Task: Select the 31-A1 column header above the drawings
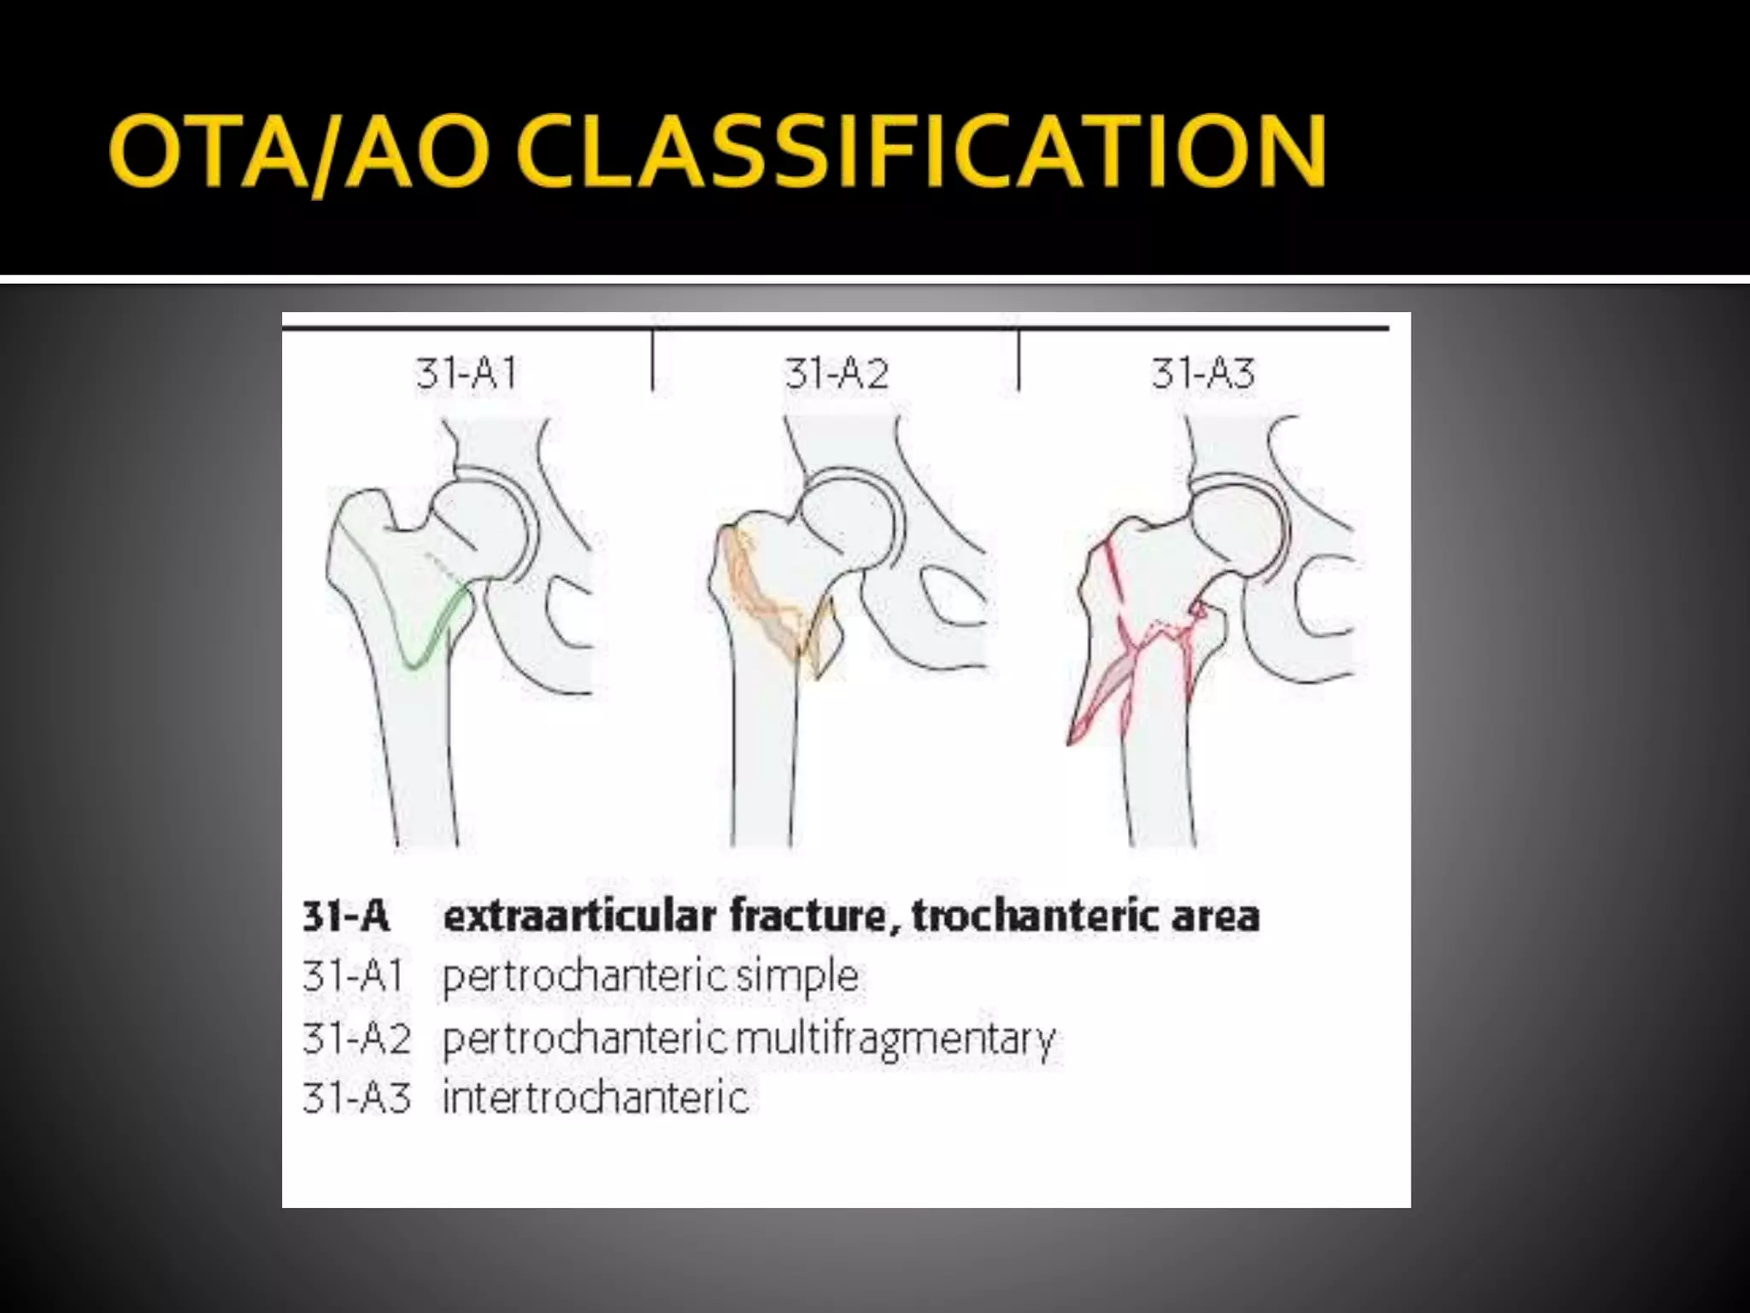[x=467, y=374]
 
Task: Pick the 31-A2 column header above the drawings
[x=837, y=374]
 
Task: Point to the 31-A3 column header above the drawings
[x=1202, y=374]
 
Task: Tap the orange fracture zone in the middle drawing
[x=760, y=598]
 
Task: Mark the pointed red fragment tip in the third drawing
[x=1071, y=740]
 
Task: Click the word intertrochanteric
[x=596, y=1098]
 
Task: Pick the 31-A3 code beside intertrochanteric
[x=356, y=1098]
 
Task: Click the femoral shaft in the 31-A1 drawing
[x=419, y=769]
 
